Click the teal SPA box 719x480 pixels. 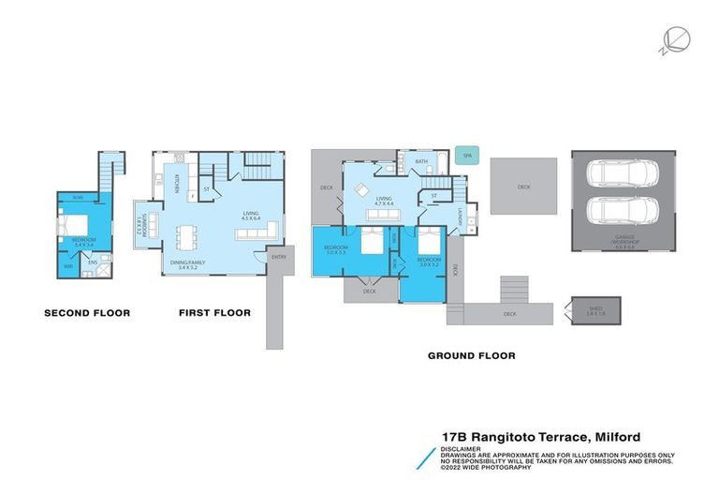[x=465, y=157]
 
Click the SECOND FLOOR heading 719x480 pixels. [x=87, y=313]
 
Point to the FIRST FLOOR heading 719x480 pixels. [x=214, y=313]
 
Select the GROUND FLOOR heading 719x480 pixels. [x=471, y=355]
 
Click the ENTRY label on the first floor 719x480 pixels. [x=278, y=257]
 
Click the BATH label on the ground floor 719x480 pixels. [x=421, y=162]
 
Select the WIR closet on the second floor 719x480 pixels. [x=68, y=265]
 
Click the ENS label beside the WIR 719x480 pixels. [x=93, y=263]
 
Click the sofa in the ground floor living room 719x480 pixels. [x=382, y=217]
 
